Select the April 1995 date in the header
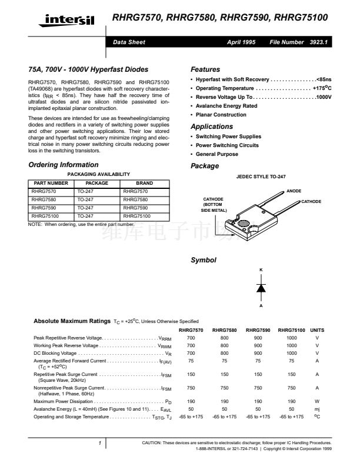tap(241, 42)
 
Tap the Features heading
tap(205, 69)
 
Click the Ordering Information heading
tap(64, 165)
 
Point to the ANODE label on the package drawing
tap(294, 191)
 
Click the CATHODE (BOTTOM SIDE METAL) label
tap(214, 204)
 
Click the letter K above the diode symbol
tap(261, 270)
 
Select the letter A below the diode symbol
tap(261, 307)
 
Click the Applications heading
tap(212, 127)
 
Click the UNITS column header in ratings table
tap(317, 330)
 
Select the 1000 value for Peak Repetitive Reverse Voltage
tap(292, 338)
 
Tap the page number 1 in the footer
tap(100, 442)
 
